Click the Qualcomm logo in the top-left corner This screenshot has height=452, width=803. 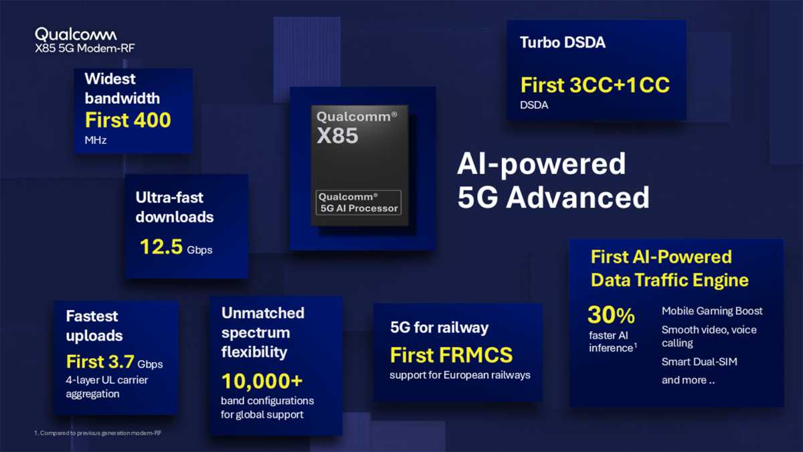(x=76, y=34)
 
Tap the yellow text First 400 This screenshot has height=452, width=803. (x=128, y=120)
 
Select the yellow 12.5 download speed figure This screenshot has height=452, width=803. (x=161, y=247)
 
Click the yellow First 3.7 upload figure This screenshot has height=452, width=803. (x=100, y=362)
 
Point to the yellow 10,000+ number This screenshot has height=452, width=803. (x=262, y=381)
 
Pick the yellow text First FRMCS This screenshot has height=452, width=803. (x=451, y=354)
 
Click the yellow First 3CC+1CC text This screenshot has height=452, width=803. (x=595, y=85)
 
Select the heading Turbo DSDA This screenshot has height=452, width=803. (x=562, y=43)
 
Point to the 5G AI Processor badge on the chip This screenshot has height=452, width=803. (x=359, y=202)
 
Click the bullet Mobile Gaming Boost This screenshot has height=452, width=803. (x=712, y=311)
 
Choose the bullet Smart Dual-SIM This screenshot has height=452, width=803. (x=699, y=362)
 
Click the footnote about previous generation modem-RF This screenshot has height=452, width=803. (x=98, y=433)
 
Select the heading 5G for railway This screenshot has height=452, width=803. (x=439, y=327)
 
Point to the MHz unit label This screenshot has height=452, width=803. (x=96, y=141)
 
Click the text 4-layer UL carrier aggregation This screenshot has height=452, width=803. (x=107, y=387)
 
